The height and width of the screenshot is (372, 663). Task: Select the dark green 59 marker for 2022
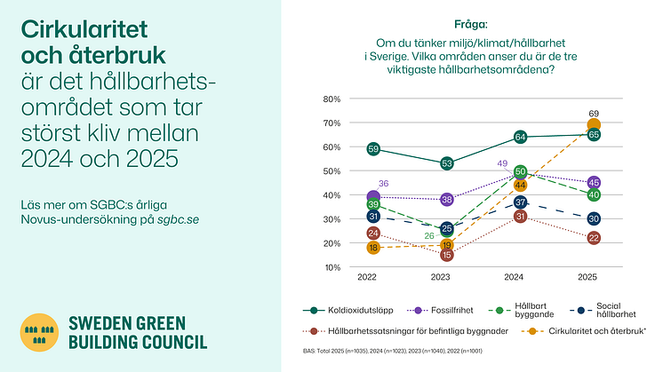pos(373,149)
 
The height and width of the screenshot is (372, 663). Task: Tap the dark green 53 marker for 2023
pos(447,163)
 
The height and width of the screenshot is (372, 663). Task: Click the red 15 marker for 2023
pos(447,255)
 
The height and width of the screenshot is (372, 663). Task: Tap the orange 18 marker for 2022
pos(373,248)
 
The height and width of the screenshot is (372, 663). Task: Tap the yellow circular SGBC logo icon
pos(38,333)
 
